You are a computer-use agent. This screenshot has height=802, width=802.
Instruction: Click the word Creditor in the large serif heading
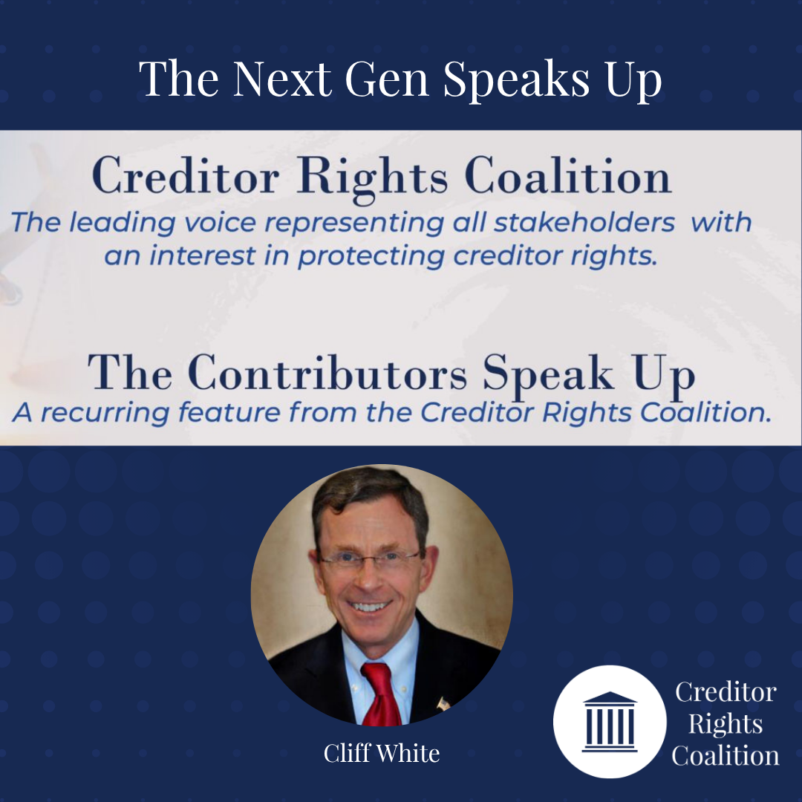(x=186, y=175)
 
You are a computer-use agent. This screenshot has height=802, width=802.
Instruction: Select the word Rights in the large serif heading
(x=372, y=178)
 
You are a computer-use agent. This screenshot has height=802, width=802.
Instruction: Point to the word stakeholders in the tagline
(x=584, y=223)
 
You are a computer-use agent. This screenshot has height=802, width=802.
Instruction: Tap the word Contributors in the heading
(x=327, y=372)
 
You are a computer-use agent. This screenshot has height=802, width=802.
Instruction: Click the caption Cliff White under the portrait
(x=382, y=753)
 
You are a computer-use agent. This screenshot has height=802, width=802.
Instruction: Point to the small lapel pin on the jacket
(x=443, y=704)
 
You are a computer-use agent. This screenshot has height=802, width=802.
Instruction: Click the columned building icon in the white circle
(x=610, y=722)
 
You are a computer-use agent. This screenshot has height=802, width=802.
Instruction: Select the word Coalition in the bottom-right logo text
(x=726, y=755)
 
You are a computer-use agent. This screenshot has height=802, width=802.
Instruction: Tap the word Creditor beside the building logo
(x=726, y=692)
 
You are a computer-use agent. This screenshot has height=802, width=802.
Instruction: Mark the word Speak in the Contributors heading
(x=548, y=375)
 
